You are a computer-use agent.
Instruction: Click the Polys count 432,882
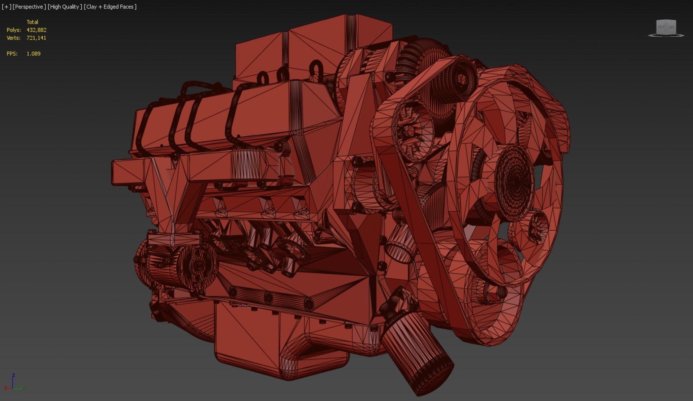click(36, 30)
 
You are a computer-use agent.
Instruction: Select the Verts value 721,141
click(36, 38)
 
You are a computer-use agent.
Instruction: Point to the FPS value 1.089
click(33, 54)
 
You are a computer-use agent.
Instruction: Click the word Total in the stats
click(32, 22)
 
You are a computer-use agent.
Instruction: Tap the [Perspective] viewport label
click(29, 7)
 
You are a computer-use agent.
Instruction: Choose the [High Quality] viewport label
click(65, 7)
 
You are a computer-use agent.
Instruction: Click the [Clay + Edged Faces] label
click(110, 7)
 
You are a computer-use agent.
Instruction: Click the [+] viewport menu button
click(6, 7)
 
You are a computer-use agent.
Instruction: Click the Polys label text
click(14, 30)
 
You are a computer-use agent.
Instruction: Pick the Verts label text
click(14, 38)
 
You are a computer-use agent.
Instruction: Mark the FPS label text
click(12, 54)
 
